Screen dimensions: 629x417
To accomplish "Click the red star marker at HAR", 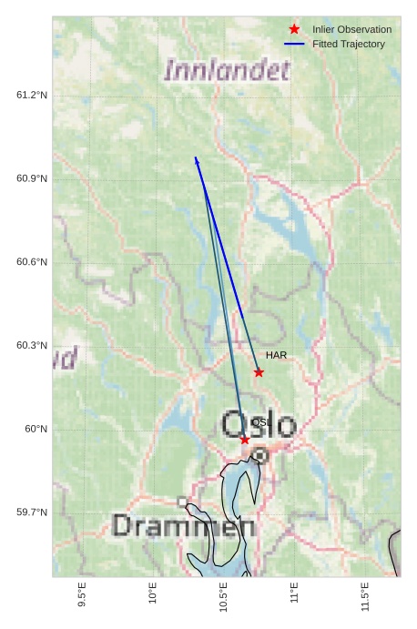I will [x=259, y=372].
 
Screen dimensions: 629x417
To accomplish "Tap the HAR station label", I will [x=277, y=355].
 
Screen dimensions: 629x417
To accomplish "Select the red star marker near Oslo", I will [x=245, y=440].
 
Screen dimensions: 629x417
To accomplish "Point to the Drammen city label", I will [x=184, y=526].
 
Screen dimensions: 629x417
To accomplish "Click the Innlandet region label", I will [x=223, y=70].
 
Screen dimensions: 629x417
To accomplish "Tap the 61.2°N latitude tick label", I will [x=32, y=96].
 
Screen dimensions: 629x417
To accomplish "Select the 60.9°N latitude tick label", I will [x=32, y=178].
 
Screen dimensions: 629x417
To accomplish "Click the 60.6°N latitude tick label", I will [x=32, y=262].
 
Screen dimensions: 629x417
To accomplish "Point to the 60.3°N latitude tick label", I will [x=32, y=346].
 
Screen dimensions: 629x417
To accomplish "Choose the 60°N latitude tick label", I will [x=36, y=430].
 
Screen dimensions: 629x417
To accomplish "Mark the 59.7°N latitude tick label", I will [x=32, y=512].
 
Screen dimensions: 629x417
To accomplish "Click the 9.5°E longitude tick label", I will [x=82, y=595].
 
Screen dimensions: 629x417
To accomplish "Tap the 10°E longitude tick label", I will [x=153, y=593].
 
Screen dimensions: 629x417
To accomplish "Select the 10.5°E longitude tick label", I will [x=223, y=595].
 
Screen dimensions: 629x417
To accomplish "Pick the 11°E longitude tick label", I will [x=294, y=593].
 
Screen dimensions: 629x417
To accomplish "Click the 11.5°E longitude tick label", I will [x=365, y=595].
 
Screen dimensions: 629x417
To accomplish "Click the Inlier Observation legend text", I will [x=351, y=29].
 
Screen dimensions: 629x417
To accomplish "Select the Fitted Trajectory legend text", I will [x=348, y=44].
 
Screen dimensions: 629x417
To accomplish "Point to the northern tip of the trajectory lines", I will [x=195, y=157].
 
